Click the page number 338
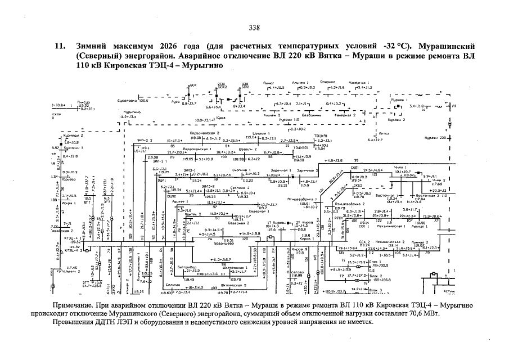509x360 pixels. [x=254, y=28]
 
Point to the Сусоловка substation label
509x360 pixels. [x=128, y=101]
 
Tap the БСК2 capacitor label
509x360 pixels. [x=222, y=87]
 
